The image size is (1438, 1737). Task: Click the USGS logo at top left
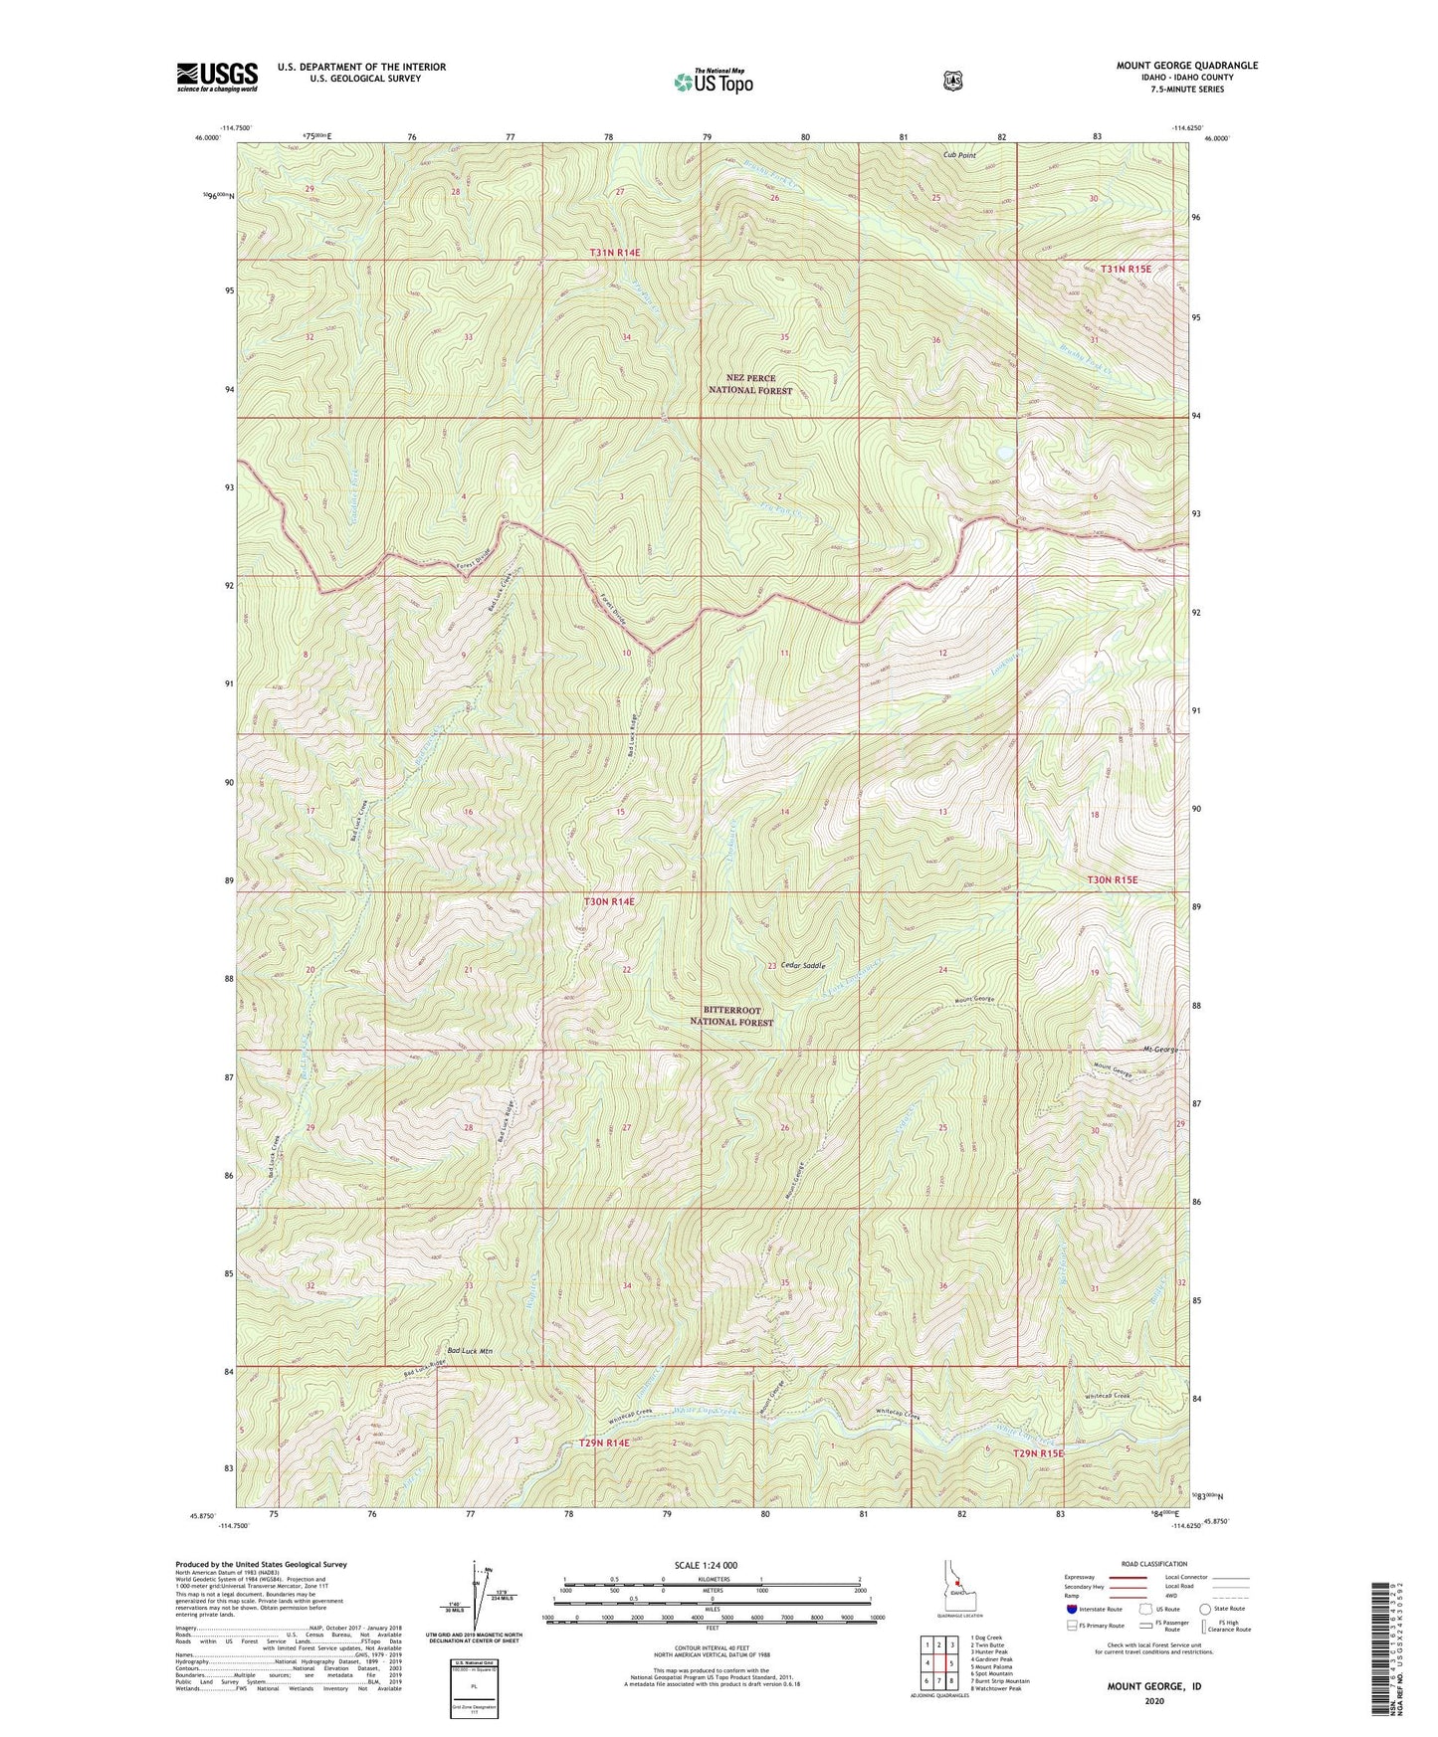[x=217, y=77]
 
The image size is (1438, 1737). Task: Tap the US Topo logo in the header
[x=712, y=82]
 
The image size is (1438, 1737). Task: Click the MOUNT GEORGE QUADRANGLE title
[x=1186, y=66]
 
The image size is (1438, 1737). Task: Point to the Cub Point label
[x=959, y=155]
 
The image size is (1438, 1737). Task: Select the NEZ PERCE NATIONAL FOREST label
[x=750, y=384]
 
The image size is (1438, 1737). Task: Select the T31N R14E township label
[x=614, y=253]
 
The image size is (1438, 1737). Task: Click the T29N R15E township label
[x=1038, y=1453]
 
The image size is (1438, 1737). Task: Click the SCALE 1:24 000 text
[x=706, y=1566]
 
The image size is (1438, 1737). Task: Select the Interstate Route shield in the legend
[x=1071, y=1609]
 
